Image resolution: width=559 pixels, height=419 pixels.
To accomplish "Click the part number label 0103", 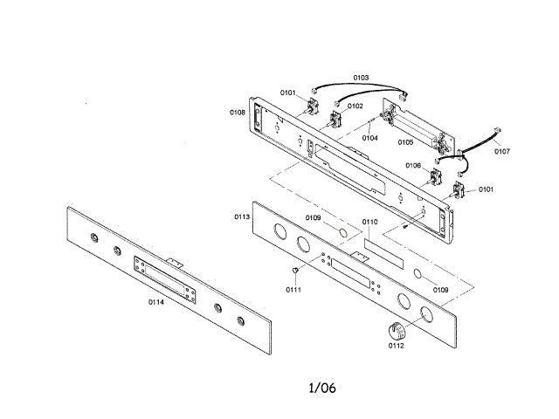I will tap(361, 78).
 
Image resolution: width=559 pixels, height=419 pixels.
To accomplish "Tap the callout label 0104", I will tap(370, 137).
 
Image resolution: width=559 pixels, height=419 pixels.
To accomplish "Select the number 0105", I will tap(406, 141).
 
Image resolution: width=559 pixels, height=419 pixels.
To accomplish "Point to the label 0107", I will tap(502, 151).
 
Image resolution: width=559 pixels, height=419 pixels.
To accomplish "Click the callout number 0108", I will tap(238, 113).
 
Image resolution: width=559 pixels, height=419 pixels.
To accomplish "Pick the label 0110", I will tap(369, 223).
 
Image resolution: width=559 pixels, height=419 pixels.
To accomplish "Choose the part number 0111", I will tap(293, 289).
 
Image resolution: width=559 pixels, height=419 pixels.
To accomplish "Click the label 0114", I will tap(155, 302).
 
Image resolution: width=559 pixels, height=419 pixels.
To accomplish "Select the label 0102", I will tap(355, 106).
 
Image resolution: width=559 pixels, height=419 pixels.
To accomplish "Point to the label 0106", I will tap(413, 165).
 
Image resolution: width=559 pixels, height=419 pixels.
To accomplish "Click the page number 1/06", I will tap(322, 387).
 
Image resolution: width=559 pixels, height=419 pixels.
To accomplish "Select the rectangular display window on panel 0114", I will tap(163, 277).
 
